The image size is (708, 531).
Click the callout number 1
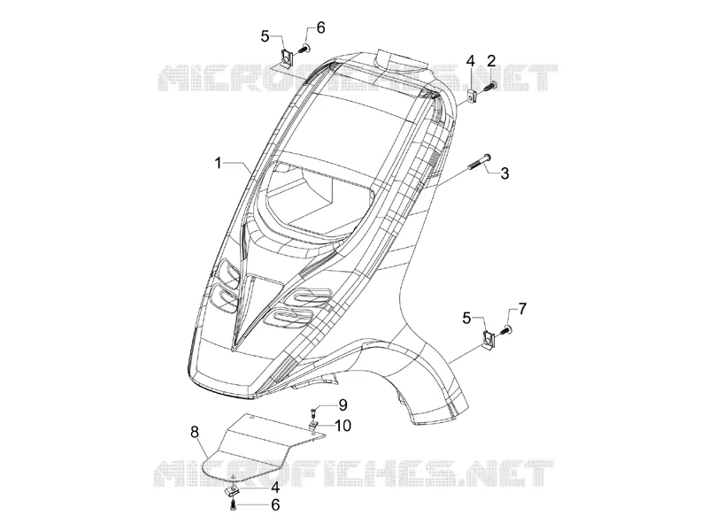point(219,163)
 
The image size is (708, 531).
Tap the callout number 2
point(491,60)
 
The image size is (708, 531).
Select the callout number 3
point(504,173)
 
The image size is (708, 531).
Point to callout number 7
point(521,309)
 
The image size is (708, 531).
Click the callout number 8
point(194,432)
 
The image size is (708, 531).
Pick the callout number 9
point(342,405)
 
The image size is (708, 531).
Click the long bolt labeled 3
point(480,164)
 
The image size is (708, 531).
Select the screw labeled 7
point(505,331)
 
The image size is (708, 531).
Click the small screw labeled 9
point(312,412)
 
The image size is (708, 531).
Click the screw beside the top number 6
point(304,49)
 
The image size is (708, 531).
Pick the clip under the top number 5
point(286,58)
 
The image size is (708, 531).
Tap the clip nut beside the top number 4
point(473,96)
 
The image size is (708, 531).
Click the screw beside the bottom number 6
point(233,504)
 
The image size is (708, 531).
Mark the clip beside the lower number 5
point(489,339)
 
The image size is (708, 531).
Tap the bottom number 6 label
point(275,504)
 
